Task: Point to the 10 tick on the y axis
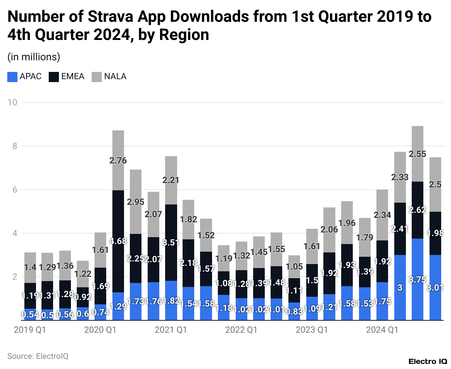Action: point(12,102)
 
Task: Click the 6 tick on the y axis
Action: point(15,190)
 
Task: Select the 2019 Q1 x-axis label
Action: point(30,330)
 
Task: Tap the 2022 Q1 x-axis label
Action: point(241,330)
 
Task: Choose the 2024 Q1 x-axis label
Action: point(382,330)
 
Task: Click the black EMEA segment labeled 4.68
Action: point(118,241)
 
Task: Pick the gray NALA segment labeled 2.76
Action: point(118,160)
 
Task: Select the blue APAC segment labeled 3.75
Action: point(417,279)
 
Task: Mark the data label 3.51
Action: point(171,242)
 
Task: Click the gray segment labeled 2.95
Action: point(136,202)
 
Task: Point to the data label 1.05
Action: point(294,267)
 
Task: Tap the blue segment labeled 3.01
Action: point(435,287)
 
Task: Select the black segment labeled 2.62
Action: point(417,210)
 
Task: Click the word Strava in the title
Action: point(109,17)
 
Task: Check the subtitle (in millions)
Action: point(34,57)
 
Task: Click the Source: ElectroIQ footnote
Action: point(38,356)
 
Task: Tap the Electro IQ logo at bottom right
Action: point(428,361)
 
